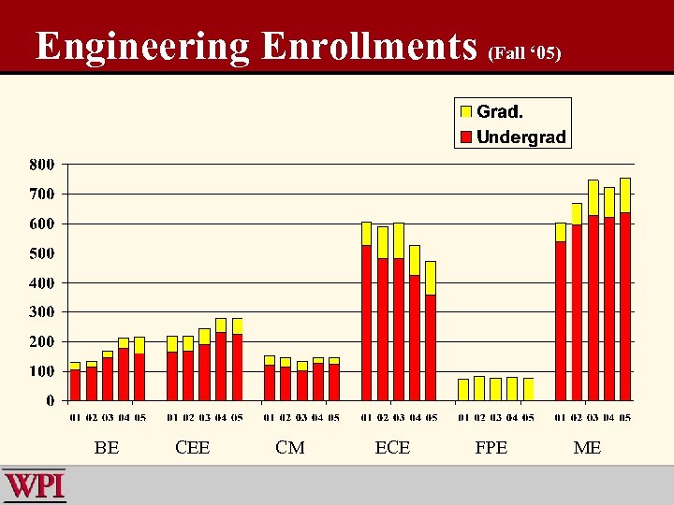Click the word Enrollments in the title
[369, 46]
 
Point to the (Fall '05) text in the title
[524, 53]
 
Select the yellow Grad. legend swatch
[465, 111]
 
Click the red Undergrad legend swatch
[465, 137]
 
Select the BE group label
[107, 448]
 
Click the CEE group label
[192, 448]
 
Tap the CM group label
[290, 448]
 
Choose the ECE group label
[392, 448]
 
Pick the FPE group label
[491, 448]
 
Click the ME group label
[587, 448]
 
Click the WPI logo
[35, 486]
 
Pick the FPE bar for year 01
[463, 389]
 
